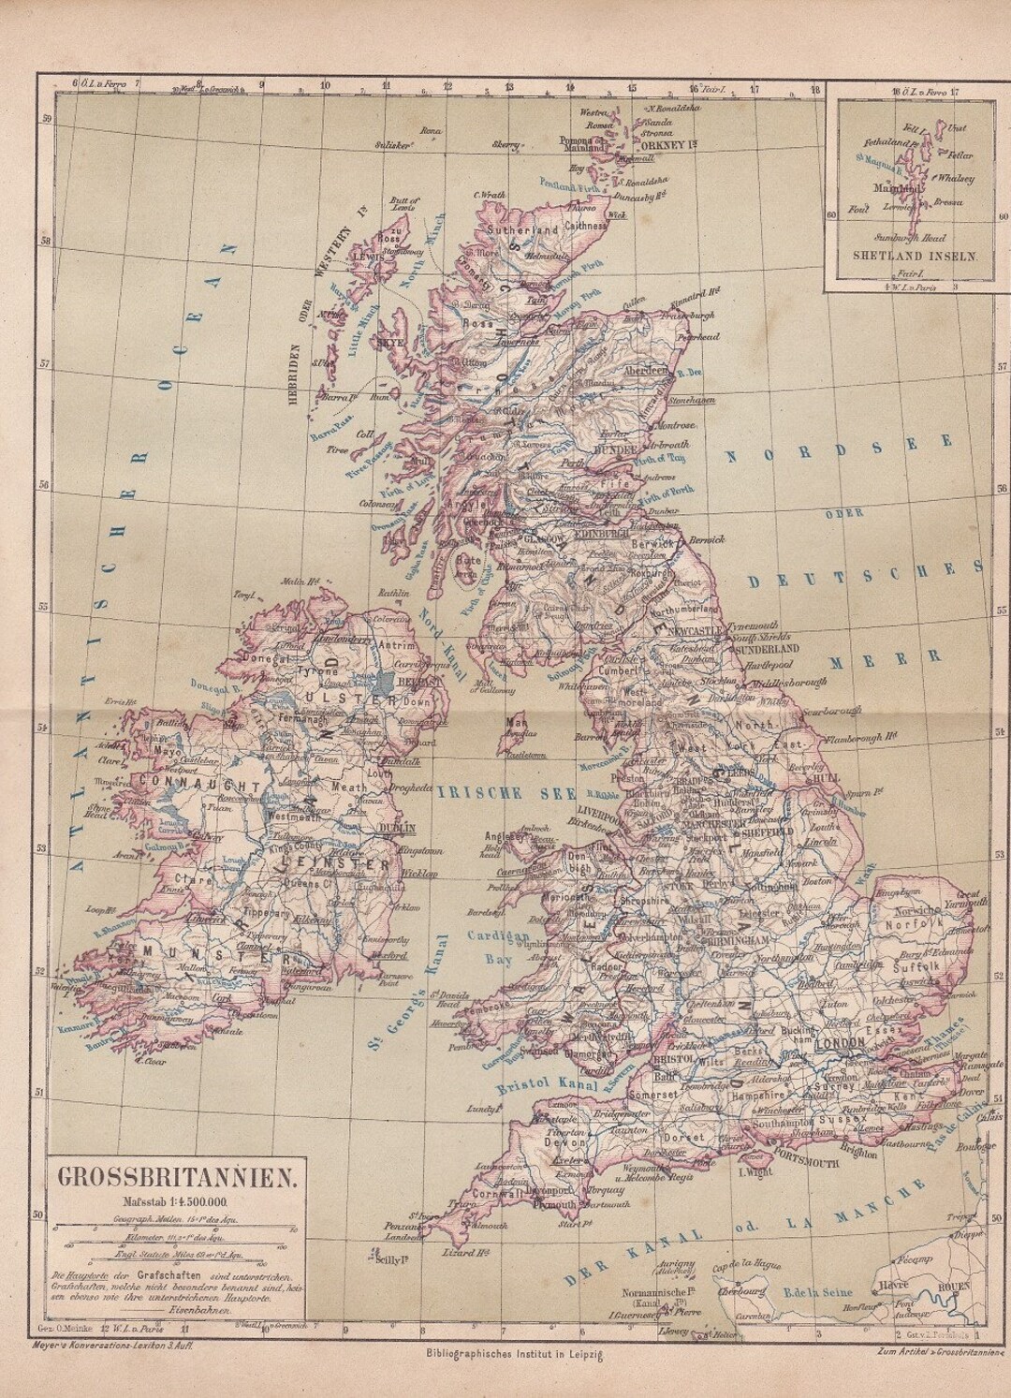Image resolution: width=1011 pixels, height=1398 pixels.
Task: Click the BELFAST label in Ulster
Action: tap(416, 684)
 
